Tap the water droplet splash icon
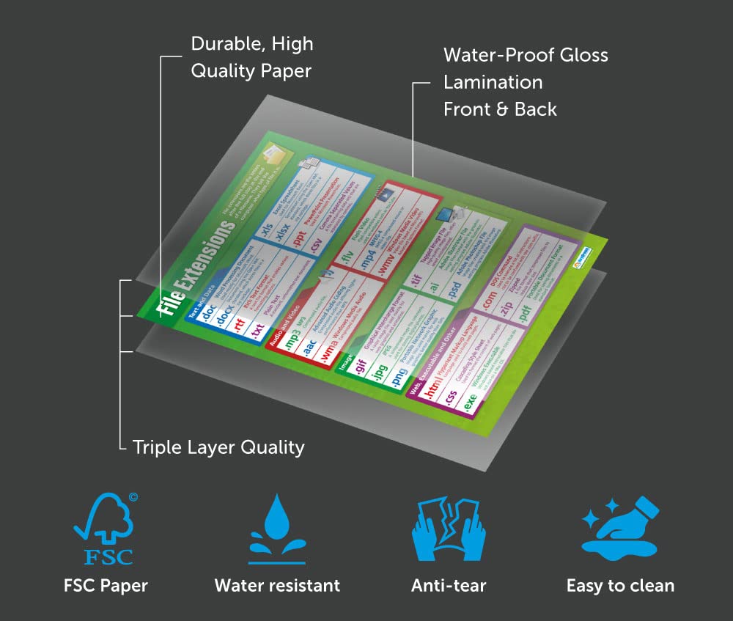[x=277, y=528]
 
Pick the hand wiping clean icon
[x=620, y=525]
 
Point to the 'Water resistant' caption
[x=277, y=585]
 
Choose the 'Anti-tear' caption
[x=448, y=585]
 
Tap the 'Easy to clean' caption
[x=620, y=585]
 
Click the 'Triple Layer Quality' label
[x=218, y=447]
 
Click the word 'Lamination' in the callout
[x=493, y=82]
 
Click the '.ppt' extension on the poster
[x=296, y=240]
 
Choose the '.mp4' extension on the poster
[x=367, y=261]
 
